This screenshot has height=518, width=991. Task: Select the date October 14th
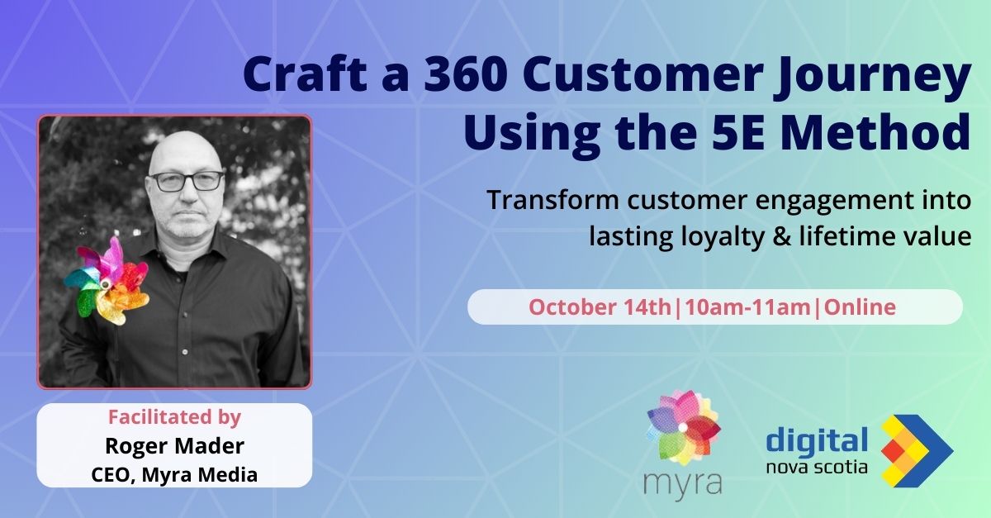coord(600,307)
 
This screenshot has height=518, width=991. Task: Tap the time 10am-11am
coord(747,307)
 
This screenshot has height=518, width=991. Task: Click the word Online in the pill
coord(860,307)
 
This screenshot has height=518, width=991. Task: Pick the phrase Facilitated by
coord(174,417)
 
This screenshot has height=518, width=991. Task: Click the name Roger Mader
coord(174,446)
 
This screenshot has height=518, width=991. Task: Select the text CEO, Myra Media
coord(174,474)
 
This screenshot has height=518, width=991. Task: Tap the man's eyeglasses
coord(187,182)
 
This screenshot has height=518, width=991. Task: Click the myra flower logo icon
coord(684,427)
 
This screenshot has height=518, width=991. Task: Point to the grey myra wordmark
coord(683,482)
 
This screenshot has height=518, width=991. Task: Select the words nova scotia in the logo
coord(817,467)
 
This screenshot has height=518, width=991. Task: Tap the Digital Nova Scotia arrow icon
coord(916,451)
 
